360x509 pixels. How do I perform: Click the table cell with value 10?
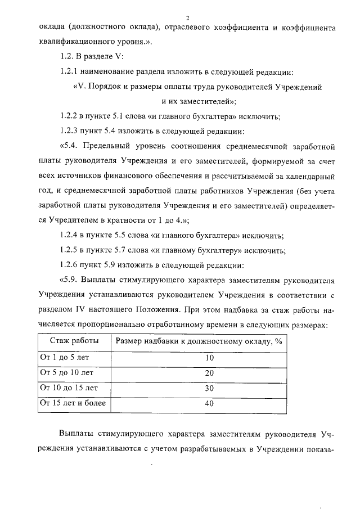pyautogui.click(x=194, y=358)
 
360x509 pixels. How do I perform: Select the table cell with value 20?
pyautogui.click(x=194, y=373)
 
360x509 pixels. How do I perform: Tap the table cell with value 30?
pyautogui.click(x=194, y=388)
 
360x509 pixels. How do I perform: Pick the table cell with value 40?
pyautogui.click(x=194, y=403)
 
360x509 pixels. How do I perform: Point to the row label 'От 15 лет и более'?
pyautogui.click(x=71, y=403)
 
